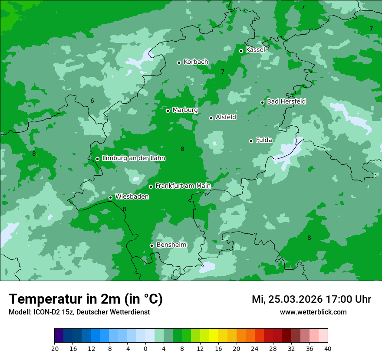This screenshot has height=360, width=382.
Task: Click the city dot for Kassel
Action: pyautogui.click(x=241, y=51)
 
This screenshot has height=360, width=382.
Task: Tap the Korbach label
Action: pyautogui.click(x=196, y=62)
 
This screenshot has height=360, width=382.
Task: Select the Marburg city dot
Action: pyautogui.click(x=168, y=111)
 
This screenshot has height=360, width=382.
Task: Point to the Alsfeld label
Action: pyautogui.click(x=226, y=117)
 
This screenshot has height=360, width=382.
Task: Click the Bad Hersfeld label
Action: pyautogui.click(x=286, y=101)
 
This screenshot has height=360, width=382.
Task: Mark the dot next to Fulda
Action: pyautogui.click(x=251, y=141)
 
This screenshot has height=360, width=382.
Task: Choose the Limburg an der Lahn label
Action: pyautogui.click(x=133, y=158)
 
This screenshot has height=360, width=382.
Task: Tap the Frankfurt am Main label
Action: pyautogui.click(x=183, y=186)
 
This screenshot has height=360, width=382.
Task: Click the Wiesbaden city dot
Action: pyautogui.click(x=110, y=197)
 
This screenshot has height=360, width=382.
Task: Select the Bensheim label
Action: pyautogui.click(x=171, y=245)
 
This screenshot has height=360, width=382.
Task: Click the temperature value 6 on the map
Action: pyautogui.click(x=92, y=101)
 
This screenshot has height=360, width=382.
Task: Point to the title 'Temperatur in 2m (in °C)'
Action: pyautogui.click(x=86, y=299)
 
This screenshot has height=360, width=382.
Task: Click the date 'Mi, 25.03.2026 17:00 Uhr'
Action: pyautogui.click(x=311, y=299)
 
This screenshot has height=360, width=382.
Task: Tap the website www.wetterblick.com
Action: pyautogui.click(x=313, y=312)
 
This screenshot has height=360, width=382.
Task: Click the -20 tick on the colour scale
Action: pyautogui.click(x=54, y=348)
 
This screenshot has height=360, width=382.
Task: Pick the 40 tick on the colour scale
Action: pyautogui.click(x=328, y=348)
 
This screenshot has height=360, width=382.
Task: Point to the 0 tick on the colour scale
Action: pyautogui.click(x=145, y=348)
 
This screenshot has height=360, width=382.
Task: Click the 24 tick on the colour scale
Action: pyautogui.click(x=255, y=348)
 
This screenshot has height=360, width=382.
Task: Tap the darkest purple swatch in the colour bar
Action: pyautogui.click(x=59, y=336)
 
